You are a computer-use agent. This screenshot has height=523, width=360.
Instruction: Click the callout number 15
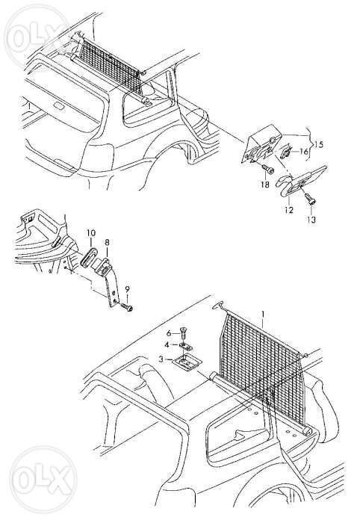(x=318, y=144)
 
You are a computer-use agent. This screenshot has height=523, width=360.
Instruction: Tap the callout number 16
(x=304, y=152)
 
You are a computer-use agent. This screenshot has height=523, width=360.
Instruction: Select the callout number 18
(x=265, y=184)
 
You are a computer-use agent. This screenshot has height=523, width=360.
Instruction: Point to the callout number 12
(x=289, y=210)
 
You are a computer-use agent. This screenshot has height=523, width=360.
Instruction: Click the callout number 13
(x=311, y=220)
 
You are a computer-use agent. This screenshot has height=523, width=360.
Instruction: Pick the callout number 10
(x=91, y=232)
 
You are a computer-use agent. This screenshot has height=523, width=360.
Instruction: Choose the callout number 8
(x=107, y=242)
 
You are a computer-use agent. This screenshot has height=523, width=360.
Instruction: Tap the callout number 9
(x=127, y=289)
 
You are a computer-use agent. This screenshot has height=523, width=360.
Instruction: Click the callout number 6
(x=169, y=333)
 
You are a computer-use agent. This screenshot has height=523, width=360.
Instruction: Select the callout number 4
(x=167, y=344)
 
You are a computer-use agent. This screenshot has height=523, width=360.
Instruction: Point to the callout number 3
(x=161, y=359)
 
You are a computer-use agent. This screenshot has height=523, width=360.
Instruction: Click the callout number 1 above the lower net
(x=263, y=315)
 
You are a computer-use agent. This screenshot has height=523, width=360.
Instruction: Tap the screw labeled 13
(x=310, y=199)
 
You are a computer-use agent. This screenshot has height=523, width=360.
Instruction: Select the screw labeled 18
(x=267, y=169)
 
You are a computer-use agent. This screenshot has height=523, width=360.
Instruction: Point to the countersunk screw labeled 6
(x=184, y=332)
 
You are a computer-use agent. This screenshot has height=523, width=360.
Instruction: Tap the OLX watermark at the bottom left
(x=43, y=480)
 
